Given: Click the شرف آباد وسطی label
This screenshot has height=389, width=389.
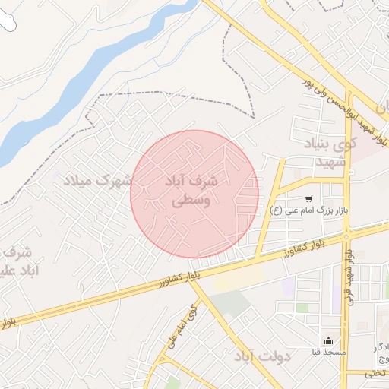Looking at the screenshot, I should pyautogui.click(x=191, y=191).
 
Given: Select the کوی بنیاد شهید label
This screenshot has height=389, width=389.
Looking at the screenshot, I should pyautogui.click(x=318, y=154).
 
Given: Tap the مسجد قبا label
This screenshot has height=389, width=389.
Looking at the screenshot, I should pyautogui.click(x=327, y=353).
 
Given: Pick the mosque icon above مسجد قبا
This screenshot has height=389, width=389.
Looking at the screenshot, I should pyautogui.click(x=328, y=341).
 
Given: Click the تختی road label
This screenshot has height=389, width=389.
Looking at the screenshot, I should pyautogui.click(x=374, y=373).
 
